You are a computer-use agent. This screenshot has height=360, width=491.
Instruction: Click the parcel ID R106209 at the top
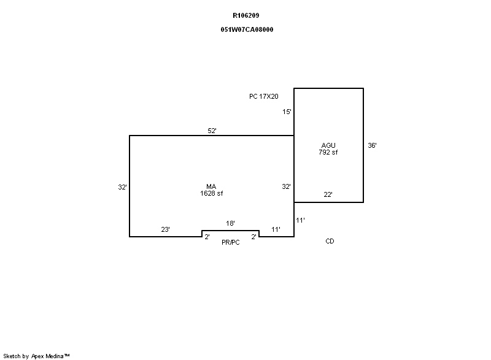click(x=246, y=15)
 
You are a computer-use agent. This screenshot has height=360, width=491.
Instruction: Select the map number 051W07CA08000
click(x=247, y=29)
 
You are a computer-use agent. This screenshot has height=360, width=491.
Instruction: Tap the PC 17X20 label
click(x=264, y=96)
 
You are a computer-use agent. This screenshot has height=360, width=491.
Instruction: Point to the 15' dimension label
click(x=287, y=112)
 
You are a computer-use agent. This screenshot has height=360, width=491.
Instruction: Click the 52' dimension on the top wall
click(x=212, y=131)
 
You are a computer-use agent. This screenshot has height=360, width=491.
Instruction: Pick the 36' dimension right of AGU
click(x=372, y=145)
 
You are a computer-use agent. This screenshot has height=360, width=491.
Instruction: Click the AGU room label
click(x=328, y=145)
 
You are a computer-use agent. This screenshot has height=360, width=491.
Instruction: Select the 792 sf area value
click(x=328, y=152)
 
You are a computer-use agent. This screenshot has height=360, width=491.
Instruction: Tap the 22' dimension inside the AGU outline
click(x=328, y=194)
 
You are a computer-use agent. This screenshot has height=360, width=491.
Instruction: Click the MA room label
click(x=211, y=186)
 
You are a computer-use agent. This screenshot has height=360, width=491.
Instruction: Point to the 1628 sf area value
click(x=211, y=193)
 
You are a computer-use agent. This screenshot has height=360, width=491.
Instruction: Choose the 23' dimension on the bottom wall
click(x=165, y=229)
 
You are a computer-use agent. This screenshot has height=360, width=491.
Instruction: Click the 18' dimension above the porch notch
click(x=230, y=223)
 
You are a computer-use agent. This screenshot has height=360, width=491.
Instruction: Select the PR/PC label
click(x=231, y=242)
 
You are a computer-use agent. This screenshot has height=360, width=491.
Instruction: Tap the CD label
click(x=330, y=241)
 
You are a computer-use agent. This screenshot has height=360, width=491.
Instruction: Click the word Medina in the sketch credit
click(x=55, y=356)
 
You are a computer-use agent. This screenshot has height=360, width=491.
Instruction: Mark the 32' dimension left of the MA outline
click(x=122, y=187)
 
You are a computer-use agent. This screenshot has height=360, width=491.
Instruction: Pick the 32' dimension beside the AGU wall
click(x=286, y=186)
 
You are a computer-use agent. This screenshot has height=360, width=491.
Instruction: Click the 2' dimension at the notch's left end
click(x=207, y=237)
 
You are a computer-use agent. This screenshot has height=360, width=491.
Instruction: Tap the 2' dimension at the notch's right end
click(x=253, y=237)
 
